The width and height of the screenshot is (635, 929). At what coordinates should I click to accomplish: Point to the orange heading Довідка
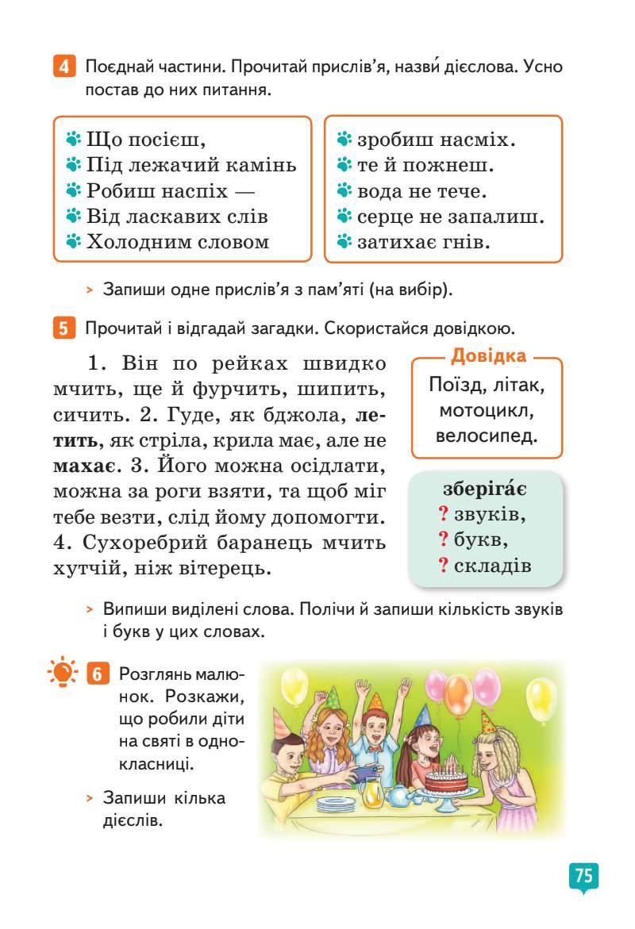[487, 356]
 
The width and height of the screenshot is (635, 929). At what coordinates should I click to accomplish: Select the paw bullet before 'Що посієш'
[74, 140]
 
